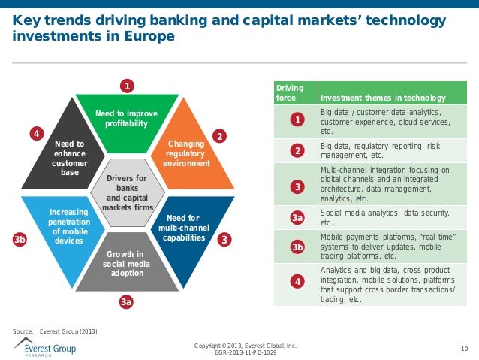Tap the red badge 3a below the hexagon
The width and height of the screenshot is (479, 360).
[127, 301]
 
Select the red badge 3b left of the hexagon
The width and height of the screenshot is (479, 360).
[20, 240]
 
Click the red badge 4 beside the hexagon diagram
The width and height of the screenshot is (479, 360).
[35, 134]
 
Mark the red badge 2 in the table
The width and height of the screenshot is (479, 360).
[297, 151]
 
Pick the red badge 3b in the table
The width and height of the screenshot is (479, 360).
[297, 247]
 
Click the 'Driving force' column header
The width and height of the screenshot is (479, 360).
[286, 93]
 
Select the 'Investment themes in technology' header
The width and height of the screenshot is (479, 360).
[383, 98]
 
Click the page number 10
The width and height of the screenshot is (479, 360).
[463, 347]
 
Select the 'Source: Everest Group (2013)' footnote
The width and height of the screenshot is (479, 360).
[55, 331]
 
